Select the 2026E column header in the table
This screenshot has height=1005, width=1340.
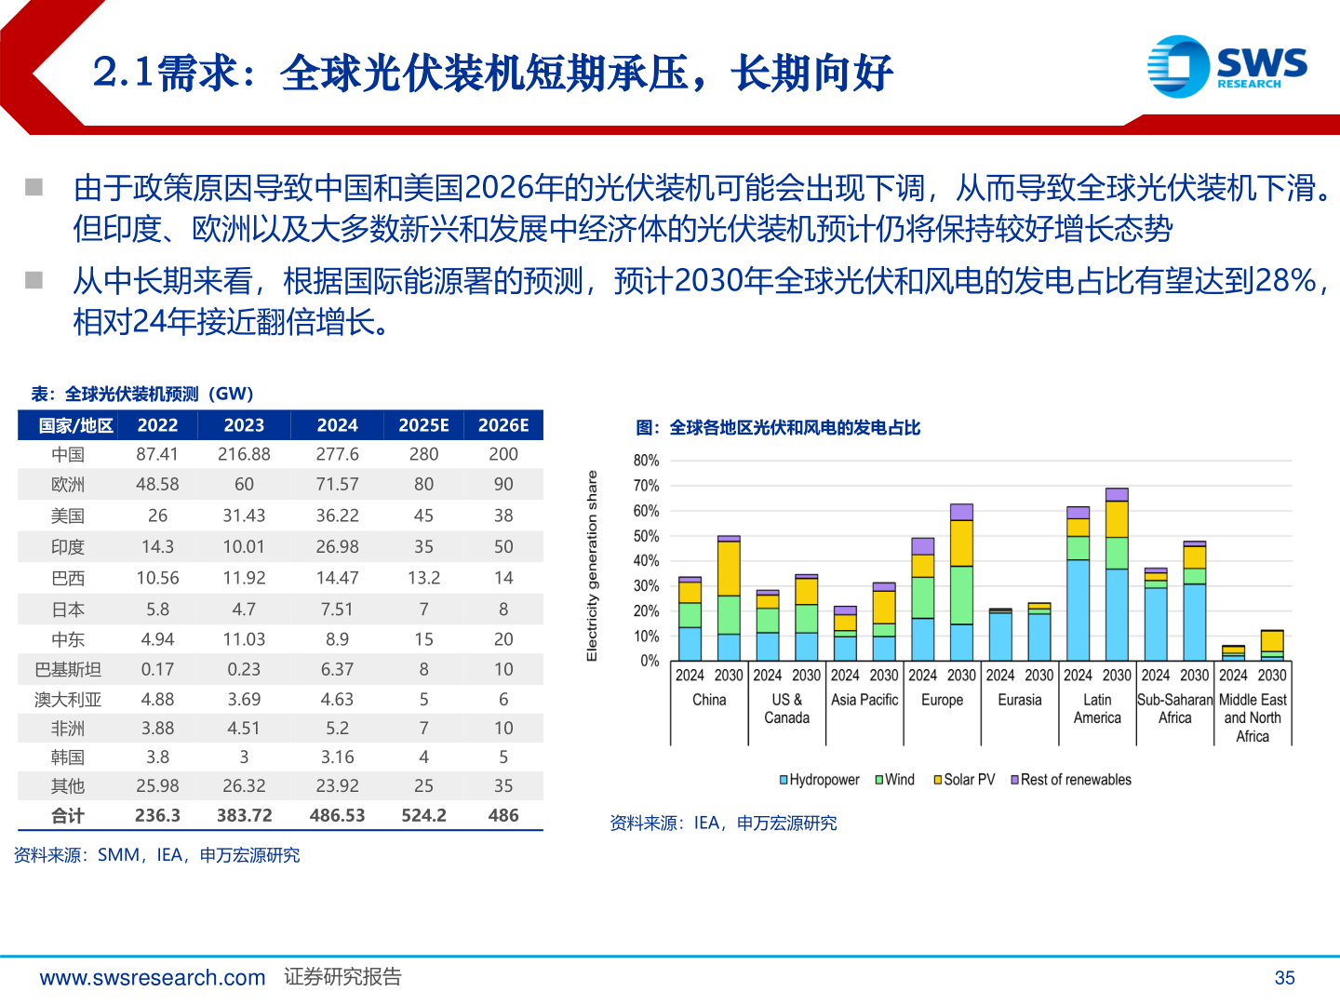click(x=503, y=425)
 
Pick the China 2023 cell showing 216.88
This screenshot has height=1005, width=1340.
click(x=244, y=454)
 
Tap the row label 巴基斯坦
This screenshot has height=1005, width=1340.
click(x=68, y=669)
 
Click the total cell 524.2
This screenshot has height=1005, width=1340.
click(x=423, y=815)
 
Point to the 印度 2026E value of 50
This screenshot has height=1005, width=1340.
click(x=503, y=546)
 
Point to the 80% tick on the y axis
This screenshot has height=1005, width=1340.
click(x=646, y=461)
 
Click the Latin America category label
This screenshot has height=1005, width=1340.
click(x=1097, y=708)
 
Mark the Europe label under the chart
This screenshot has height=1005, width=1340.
click(x=942, y=700)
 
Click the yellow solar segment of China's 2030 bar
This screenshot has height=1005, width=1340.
click(x=729, y=568)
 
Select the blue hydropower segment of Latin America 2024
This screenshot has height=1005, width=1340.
click(x=1078, y=610)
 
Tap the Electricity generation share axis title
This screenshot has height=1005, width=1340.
click(x=592, y=566)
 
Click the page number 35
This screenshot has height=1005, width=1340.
click(x=1284, y=977)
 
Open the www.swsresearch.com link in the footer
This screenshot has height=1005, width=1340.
click(x=153, y=977)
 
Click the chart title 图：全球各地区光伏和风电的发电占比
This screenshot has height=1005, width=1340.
click(x=778, y=428)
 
